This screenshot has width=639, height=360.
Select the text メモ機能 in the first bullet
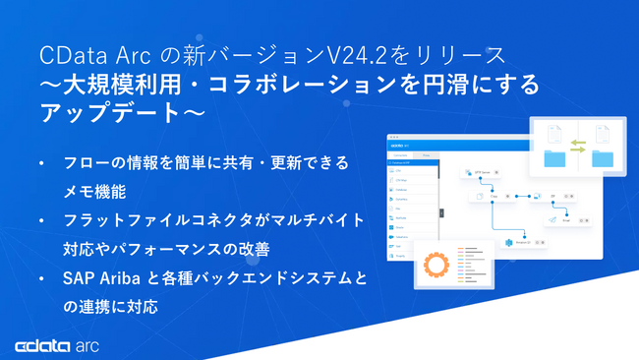point(89,192)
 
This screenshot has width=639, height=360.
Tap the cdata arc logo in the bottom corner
point(55,345)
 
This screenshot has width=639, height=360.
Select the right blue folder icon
point(601,158)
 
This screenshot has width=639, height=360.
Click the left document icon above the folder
point(555,135)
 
